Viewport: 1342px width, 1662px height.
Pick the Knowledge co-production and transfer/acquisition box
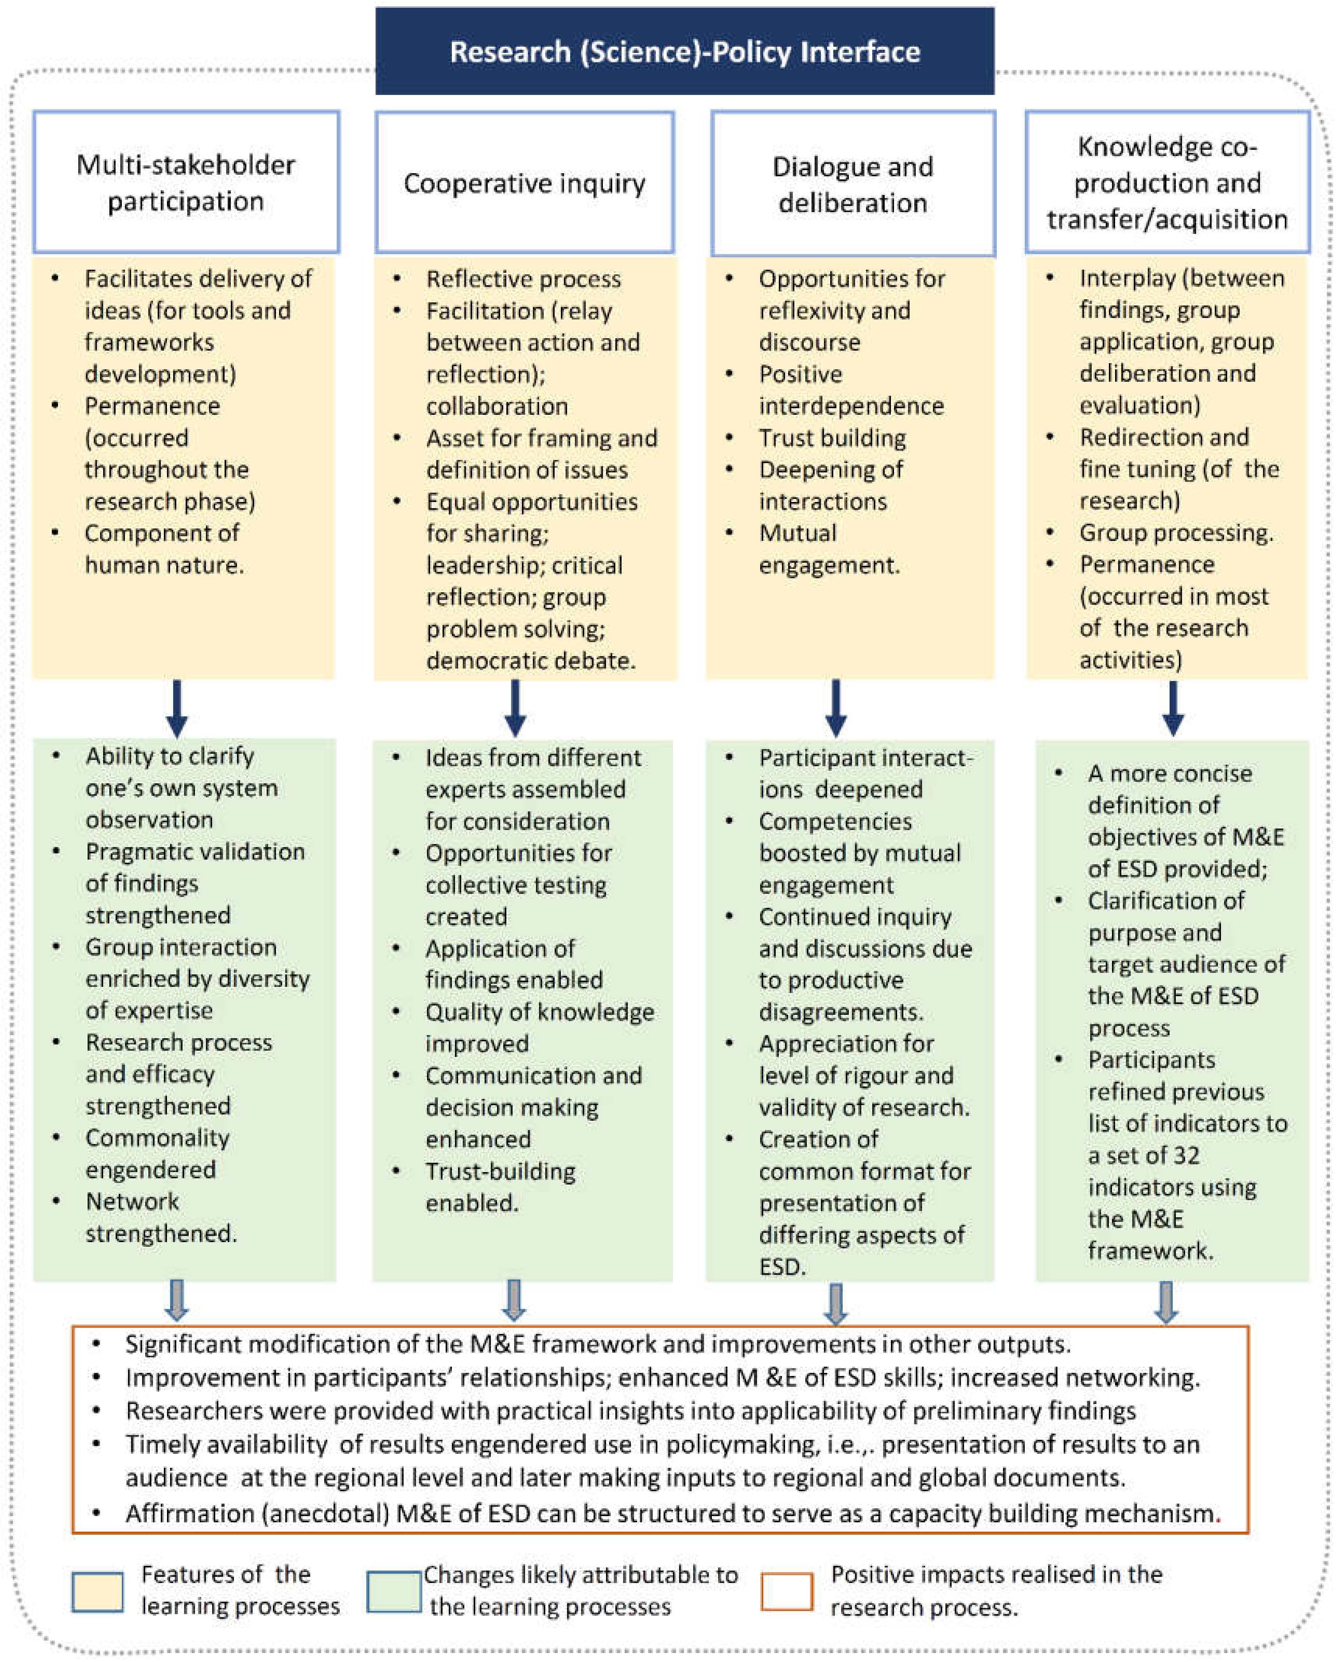pos(1167,183)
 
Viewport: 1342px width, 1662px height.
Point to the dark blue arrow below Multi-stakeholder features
pos(177,707)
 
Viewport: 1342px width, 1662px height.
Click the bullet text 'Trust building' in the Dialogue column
pos(832,437)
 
